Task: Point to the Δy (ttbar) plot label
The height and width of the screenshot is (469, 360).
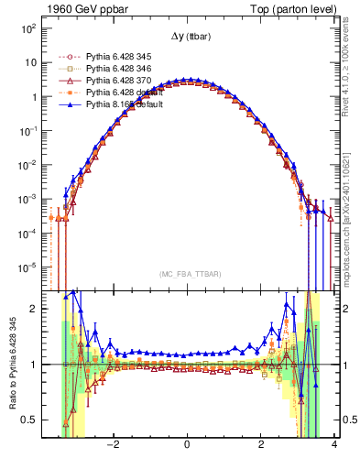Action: pyautogui.click(x=187, y=37)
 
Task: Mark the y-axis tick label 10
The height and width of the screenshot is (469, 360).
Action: pyautogui.click(x=30, y=63)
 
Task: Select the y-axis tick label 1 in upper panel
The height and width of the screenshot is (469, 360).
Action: pyautogui.click(x=33, y=97)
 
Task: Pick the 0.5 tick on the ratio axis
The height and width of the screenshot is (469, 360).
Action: pyautogui.click(x=28, y=420)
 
